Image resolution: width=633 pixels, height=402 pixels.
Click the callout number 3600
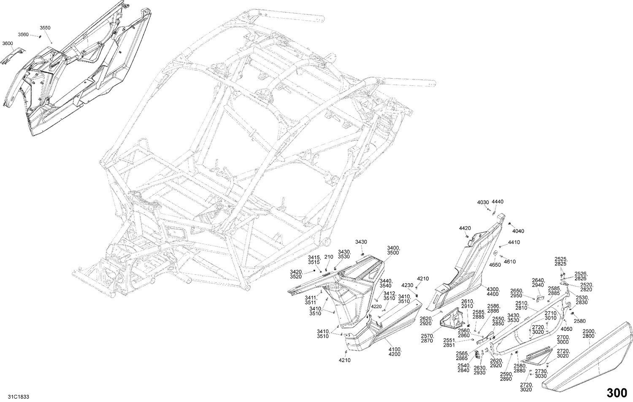point(8,43)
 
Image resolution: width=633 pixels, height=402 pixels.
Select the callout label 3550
point(45,27)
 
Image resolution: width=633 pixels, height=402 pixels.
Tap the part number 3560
point(23,34)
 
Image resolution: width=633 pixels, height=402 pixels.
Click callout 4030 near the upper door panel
point(483,202)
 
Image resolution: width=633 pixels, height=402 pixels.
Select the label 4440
point(498,202)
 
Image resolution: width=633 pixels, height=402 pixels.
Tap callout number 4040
point(518,231)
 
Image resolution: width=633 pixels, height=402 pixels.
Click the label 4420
point(465,228)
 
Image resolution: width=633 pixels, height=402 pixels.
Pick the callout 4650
point(495,265)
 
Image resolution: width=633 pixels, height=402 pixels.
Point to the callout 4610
point(510,262)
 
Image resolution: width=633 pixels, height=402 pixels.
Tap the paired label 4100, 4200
point(395,352)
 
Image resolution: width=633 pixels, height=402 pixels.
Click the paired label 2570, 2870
point(427,338)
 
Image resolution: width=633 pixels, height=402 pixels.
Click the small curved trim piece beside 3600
point(13,55)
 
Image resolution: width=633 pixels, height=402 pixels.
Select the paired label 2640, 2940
point(538,283)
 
